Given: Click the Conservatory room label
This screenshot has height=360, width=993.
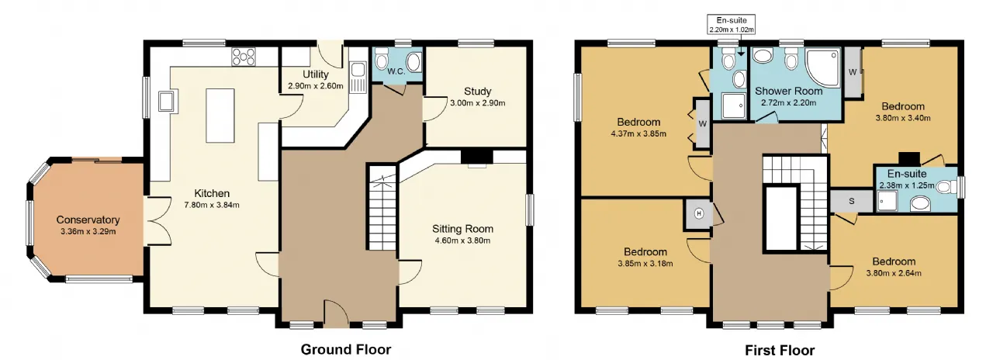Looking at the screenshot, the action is coord(88,220).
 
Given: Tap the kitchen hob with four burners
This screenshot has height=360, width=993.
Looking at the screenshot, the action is coord(244,57).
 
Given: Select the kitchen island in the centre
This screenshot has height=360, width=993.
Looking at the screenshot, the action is coord(220,116).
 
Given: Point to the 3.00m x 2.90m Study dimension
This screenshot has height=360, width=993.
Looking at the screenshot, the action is coord(477,103).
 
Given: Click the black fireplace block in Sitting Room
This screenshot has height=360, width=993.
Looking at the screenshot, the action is coord(477,157).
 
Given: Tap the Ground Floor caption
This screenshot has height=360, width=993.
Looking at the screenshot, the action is coord(346,349).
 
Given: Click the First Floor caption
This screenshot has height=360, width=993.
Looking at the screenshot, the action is coord(780,350).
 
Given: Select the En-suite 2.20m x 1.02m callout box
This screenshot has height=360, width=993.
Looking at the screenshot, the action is coord(732,25).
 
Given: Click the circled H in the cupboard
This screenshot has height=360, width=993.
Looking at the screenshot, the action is coord(699,213).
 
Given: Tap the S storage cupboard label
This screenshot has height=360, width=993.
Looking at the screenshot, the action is coord(851,201).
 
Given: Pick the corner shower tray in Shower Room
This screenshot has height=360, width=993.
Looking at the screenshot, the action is coord(823,68).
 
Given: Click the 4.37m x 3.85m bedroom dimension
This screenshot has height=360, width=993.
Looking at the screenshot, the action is coord(638,134).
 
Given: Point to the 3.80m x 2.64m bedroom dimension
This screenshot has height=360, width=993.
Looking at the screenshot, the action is coord(894,274).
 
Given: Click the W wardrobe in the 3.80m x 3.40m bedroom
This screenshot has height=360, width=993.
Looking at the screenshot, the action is coord(853,72).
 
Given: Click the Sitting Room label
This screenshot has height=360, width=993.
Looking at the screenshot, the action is coord(463,229).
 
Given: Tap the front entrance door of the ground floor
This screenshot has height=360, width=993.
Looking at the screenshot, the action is coord(337,315).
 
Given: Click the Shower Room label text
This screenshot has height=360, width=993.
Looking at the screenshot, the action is coord(788,91).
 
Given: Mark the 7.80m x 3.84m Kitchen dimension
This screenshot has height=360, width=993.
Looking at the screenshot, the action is coord(212,206).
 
